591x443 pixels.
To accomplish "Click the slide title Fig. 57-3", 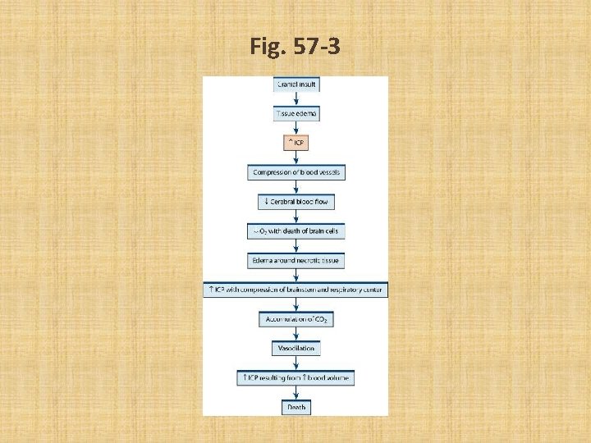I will [x=295, y=48].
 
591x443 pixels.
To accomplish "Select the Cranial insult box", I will [x=295, y=84].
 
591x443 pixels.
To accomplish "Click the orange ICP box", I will [x=295, y=144].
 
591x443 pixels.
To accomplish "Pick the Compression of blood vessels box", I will [x=295, y=172].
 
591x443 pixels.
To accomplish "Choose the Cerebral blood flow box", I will [x=295, y=202].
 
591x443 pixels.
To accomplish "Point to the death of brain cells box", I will [x=295, y=231].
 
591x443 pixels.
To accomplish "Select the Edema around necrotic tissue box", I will [x=295, y=261].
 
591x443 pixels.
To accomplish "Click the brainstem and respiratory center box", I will [x=295, y=290].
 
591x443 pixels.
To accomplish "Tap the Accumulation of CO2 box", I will [x=295, y=318].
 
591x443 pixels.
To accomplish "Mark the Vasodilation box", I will [x=295, y=348].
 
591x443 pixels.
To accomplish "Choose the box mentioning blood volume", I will [x=295, y=377].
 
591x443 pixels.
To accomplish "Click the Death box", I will [x=295, y=406].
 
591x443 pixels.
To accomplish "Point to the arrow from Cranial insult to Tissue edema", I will [x=295, y=98].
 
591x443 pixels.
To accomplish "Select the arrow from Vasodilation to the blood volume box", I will [x=295, y=363].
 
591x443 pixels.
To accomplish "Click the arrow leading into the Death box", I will [x=295, y=392].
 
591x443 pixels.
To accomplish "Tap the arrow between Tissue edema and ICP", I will [x=295, y=129].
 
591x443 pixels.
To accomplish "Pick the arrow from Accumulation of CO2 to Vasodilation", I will [x=295, y=333].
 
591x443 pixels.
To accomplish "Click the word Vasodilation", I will [x=295, y=348].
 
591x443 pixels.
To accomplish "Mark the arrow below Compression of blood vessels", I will [x=295, y=187].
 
